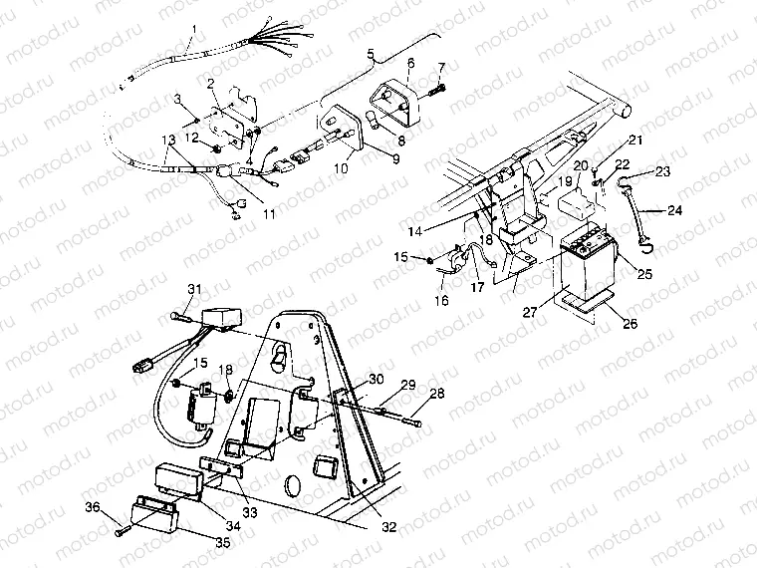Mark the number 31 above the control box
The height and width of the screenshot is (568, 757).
195,289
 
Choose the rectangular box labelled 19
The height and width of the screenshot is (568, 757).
576,204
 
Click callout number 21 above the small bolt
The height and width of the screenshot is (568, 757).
634,140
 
